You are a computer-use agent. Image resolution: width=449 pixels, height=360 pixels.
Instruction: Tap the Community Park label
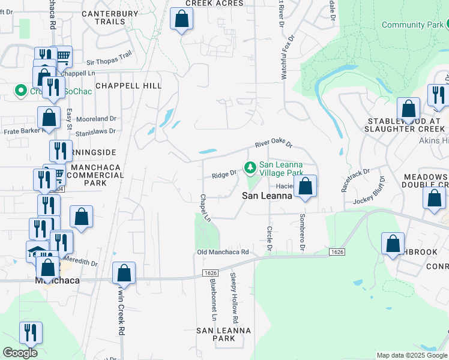click(x=411, y=25)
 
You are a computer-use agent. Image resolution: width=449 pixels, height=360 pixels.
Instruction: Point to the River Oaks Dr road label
click(x=273, y=145)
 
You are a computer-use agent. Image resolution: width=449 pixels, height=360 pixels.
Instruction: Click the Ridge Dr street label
click(x=224, y=175)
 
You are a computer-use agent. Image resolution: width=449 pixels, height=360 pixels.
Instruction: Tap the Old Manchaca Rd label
click(x=223, y=252)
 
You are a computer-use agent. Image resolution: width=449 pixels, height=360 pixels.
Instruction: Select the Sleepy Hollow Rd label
click(x=233, y=296)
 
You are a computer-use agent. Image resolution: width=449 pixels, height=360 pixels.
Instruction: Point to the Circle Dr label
click(x=269, y=238)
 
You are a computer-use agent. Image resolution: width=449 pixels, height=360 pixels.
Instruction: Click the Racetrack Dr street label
click(x=356, y=179)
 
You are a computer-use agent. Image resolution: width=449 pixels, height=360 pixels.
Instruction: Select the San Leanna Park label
click(x=224, y=334)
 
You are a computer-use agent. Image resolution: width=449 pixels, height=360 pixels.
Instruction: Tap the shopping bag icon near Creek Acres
click(x=181, y=20)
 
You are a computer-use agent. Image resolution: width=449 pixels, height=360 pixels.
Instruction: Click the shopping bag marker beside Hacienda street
click(x=306, y=187)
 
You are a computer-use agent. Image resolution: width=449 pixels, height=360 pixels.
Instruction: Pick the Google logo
click(x=20, y=353)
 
